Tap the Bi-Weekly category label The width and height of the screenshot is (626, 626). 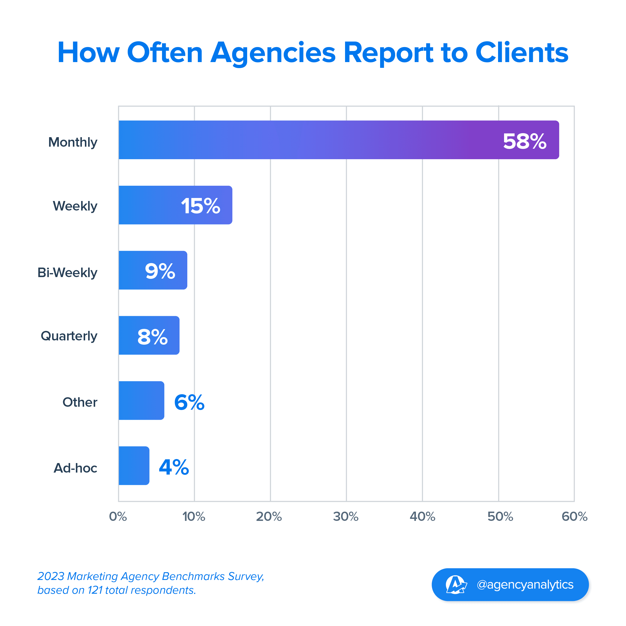pos(67,273)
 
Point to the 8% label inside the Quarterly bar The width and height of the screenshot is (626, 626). pos(152,337)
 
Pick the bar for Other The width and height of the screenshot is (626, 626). pos(141,400)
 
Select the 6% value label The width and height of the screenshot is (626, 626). pos(189,402)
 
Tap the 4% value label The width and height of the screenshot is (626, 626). pos(174,467)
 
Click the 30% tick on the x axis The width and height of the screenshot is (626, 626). pos(346,516)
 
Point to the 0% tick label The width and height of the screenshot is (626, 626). pos(118,516)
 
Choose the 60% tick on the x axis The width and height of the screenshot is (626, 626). pos(574,516)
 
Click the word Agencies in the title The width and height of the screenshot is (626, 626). pos(273,53)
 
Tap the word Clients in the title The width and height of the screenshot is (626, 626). pos(522,53)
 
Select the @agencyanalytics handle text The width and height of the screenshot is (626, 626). pos(525,584)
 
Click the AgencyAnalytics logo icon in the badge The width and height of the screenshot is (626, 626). pos(456,584)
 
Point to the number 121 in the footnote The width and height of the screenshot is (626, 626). pos(95,590)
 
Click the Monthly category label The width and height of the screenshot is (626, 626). pos(73,142)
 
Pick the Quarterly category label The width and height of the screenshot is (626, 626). pos(69,336)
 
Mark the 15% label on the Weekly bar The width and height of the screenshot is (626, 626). pos(200,206)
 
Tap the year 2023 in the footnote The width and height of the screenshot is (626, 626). pos(51,576)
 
